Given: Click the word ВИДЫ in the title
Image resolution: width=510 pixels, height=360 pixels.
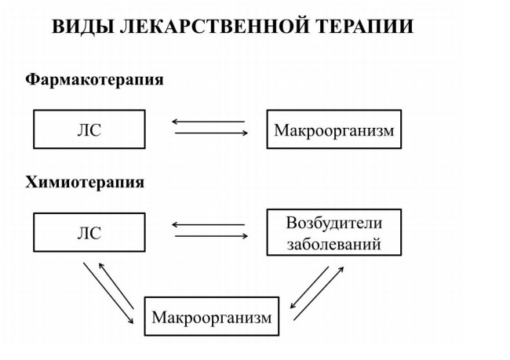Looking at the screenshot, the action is [83, 27].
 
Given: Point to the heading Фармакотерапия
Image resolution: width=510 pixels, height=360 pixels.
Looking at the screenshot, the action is [94, 80].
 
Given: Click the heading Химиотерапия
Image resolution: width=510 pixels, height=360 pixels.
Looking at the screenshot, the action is [85, 182].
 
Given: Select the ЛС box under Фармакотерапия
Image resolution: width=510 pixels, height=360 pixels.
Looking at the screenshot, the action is [89, 129].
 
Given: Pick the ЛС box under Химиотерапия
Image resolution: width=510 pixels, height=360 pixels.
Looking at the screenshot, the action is [89, 232].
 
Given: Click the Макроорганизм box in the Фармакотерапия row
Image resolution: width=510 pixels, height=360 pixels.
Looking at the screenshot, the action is [334, 129].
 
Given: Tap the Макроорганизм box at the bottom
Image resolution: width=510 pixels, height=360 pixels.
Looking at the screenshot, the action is [212, 316].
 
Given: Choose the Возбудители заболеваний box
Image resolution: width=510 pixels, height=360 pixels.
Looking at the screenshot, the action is [334, 232].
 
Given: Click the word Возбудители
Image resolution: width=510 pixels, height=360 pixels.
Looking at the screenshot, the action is [334, 223].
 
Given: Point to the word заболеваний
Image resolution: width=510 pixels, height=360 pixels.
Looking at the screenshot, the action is [334, 244].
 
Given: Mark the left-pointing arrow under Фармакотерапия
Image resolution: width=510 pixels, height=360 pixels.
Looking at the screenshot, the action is [208, 122].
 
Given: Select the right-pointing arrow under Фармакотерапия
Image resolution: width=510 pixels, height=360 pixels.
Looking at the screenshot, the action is [211, 133].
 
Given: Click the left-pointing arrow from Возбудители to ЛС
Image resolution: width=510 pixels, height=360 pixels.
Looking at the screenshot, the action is [208, 225].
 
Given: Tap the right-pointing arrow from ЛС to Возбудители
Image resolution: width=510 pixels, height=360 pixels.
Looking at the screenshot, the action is [211, 236].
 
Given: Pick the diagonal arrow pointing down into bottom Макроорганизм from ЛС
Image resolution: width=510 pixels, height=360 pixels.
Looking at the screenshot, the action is [108, 293].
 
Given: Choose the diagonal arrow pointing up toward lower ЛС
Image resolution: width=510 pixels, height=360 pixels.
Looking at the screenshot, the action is [116, 285].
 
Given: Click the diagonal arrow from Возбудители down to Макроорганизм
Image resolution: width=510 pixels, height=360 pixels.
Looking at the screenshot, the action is [309, 288].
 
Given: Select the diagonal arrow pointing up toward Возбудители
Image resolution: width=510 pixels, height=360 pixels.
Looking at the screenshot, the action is [319, 293].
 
